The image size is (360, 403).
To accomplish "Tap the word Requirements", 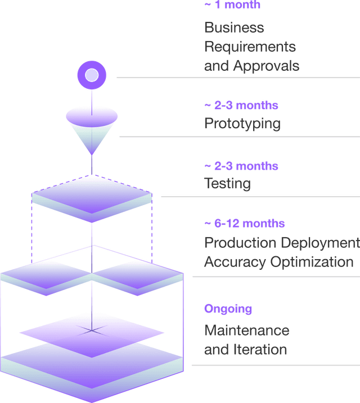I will point(250,47).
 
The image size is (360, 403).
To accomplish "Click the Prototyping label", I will point(242,124).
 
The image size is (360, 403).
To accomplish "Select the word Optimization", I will point(312,262).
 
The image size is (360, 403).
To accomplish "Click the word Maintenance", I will point(246,330).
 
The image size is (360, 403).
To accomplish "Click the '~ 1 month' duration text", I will point(232,5).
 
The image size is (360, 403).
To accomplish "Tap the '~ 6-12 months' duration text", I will point(244,224).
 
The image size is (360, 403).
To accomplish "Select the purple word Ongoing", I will point(228,309).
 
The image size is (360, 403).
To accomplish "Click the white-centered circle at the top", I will point(91,75).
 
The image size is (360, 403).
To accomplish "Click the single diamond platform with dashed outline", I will point(92,198).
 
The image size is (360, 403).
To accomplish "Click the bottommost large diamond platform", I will point(92,368).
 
